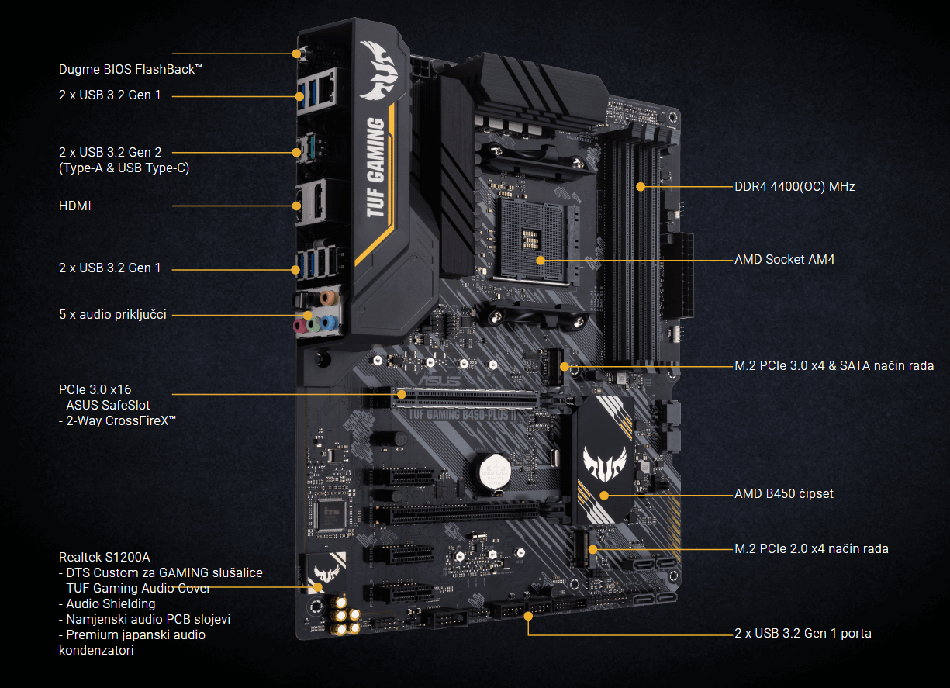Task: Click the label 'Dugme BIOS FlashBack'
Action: pyautogui.click(x=130, y=69)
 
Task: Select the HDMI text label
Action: pyautogui.click(x=75, y=206)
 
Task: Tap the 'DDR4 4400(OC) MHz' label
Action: pyautogui.click(x=795, y=186)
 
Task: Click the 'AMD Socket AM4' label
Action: pyautogui.click(x=784, y=259)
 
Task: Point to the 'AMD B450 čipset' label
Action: pyautogui.click(x=783, y=493)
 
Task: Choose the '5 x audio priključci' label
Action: pyautogui.click(x=112, y=315)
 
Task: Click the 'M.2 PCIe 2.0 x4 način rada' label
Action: pyautogui.click(x=811, y=548)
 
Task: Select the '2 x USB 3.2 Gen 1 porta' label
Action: pyautogui.click(x=803, y=633)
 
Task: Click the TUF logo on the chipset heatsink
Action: pyautogui.click(x=610, y=465)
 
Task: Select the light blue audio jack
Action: pyautogui.click(x=329, y=323)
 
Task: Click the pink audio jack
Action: pyautogui.click(x=299, y=326)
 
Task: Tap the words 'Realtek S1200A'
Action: pyautogui.click(x=104, y=557)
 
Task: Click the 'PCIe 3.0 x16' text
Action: pyautogui.click(x=98, y=389)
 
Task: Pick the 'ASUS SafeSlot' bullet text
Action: pyautogui.click(x=105, y=404)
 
